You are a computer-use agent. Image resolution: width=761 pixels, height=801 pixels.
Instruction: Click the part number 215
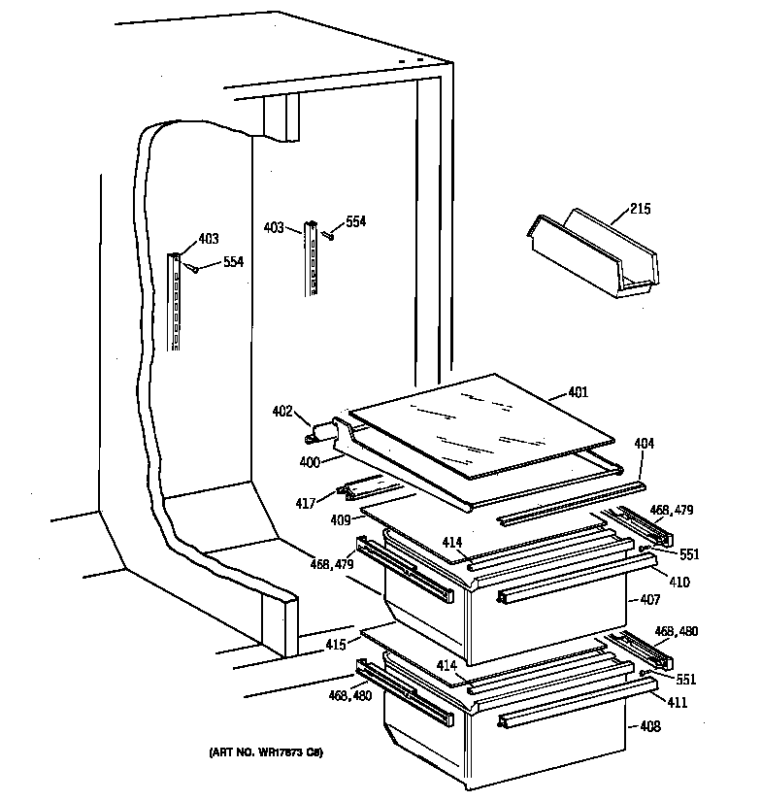coord(640,209)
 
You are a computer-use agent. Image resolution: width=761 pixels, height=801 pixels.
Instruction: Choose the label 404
coord(644,444)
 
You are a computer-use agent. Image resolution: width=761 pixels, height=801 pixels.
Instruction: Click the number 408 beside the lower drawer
coord(650,727)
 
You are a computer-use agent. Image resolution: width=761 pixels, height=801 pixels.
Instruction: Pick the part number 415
coord(335,645)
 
